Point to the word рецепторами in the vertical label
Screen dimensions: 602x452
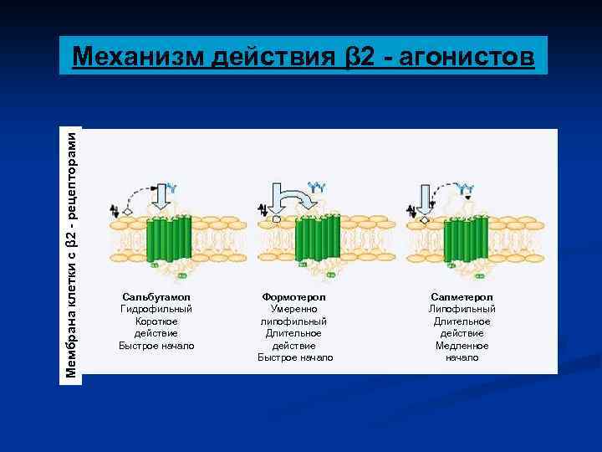coord(73,172)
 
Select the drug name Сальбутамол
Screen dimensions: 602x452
coord(156,297)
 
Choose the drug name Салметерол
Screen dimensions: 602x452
coord(462,297)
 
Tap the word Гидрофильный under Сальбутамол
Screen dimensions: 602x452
coord(156,309)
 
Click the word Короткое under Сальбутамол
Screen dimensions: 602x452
coord(156,321)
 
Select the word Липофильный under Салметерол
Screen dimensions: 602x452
coord(462,309)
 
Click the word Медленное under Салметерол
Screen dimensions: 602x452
coord(462,345)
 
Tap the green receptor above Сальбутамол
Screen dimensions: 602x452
coord(170,240)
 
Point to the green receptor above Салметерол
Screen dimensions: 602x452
coord(466,239)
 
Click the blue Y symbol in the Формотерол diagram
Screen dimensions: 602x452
coord(317,185)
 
